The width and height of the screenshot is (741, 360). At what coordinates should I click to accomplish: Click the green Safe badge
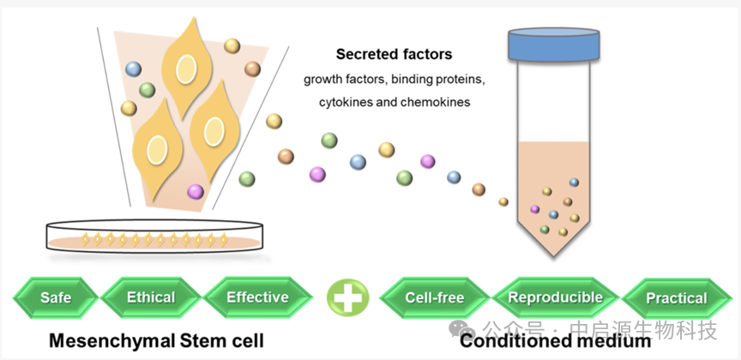pyautogui.click(x=56, y=298)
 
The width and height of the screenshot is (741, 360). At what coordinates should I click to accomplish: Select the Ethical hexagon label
pyautogui.click(x=151, y=298)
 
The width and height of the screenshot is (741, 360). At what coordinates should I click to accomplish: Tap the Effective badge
pyautogui.click(x=257, y=298)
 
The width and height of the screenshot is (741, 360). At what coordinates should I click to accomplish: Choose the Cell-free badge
pyautogui.click(x=435, y=298)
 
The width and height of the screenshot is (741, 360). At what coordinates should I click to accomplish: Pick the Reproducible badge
pyautogui.click(x=555, y=298)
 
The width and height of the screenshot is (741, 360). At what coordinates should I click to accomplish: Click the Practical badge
pyautogui.click(x=676, y=299)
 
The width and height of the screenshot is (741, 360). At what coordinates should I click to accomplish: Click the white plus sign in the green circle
pyautogui.click(x=347, y=298)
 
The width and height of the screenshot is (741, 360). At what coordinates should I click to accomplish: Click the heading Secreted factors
pyautogui.click(x=394, y=55)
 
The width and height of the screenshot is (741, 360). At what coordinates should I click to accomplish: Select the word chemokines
pyautogui.click(x=433, y=101)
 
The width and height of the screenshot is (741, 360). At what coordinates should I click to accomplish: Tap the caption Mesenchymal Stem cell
pyautogui.click(x=155, y=340)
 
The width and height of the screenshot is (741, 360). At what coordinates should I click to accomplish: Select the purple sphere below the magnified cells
pyautogui.click(x=196, y=191)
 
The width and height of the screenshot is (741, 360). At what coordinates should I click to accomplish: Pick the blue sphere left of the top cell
pyautogui.click(x=133, y=68)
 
